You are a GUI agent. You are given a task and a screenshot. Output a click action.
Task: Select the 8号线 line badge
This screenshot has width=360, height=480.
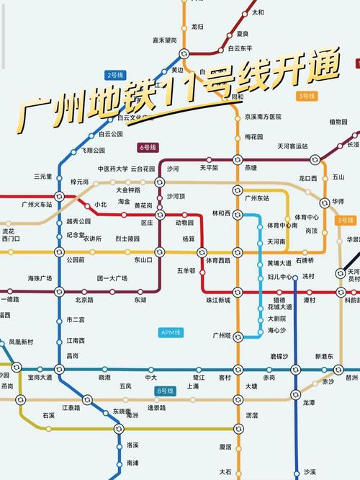click(165, 391)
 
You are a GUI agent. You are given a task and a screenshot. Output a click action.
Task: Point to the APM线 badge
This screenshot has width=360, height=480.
click(171, 332)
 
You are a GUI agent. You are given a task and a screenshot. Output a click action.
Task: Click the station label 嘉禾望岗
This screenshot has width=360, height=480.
click(167, 41)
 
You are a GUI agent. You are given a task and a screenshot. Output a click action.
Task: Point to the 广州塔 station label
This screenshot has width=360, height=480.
click(221, 335)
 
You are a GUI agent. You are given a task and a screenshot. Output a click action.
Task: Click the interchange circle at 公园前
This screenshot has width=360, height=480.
click(60, 252)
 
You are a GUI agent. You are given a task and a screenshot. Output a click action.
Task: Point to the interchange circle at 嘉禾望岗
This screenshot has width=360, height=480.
click(184, 53)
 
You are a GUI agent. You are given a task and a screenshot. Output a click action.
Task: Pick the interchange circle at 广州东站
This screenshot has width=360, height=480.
click(237, 191)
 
